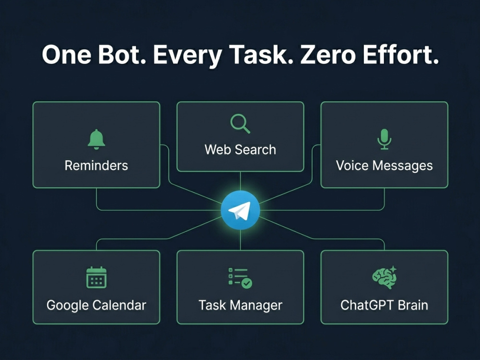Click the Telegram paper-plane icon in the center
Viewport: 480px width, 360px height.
tap(240, 210)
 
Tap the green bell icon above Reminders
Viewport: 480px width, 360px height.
tap(96, 139)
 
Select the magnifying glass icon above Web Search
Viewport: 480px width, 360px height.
tap(240, 124)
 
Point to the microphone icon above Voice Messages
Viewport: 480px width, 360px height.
tap(384, 139)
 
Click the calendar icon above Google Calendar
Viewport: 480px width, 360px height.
tap(96, 277)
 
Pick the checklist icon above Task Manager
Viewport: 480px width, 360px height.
tap(240, 278)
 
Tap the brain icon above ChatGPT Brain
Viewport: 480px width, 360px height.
tap(384, 277)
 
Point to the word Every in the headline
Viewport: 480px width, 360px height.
tap(187, 56)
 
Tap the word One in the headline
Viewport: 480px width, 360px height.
tap(66, 55)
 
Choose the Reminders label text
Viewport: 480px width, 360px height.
tap(96, 166)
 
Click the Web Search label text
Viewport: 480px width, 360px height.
tap(240, 150)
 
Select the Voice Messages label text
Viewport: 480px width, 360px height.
tap(384, 166)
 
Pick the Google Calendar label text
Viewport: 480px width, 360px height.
tap(96, 305)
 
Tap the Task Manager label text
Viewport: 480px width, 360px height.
tap(240, 305)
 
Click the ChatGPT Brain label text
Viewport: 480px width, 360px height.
tap(384, 305)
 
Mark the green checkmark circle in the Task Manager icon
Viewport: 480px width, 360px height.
tap(247, 283)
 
